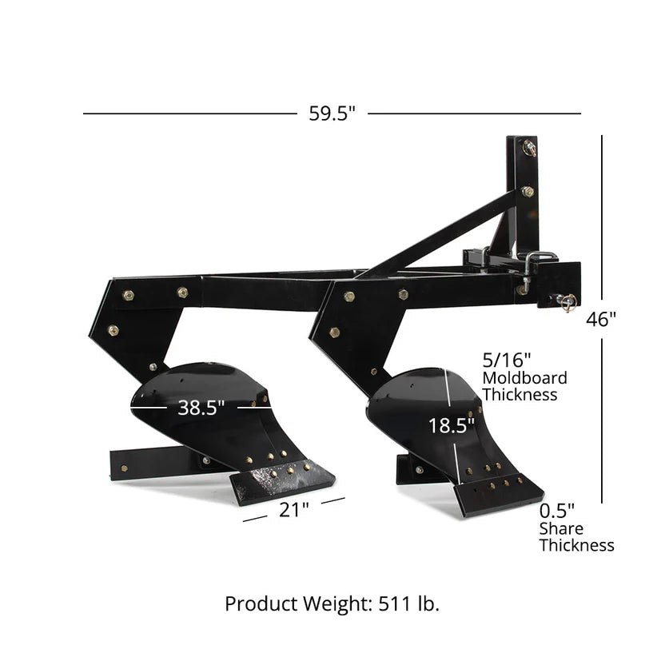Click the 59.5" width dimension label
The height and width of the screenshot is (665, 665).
pos(332,113)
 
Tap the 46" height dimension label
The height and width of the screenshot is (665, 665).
pos(601,319)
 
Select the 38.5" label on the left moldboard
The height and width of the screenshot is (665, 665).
pos(201,408)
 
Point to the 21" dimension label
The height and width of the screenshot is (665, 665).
pos(294,510)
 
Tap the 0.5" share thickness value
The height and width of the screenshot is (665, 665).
pos(556,510)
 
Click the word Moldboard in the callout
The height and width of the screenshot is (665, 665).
pos(524,377)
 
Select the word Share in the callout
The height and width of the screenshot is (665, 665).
pos(561,528)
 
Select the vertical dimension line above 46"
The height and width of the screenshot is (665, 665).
pos(602,216)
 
